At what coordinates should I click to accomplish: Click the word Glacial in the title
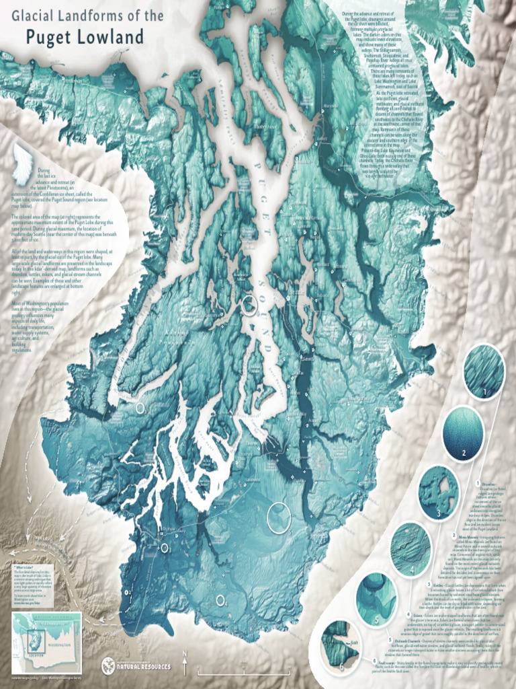pyautogui.click(x=32, y=14)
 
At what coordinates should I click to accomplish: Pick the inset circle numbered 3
pyautogui.click(x=438, y=493)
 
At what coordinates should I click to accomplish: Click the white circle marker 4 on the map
pyautogui.click(x=220, y=600)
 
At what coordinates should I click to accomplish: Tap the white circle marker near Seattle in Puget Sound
pyautogui.click(x=249, y=305)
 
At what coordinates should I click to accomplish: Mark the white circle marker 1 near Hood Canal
pyautogui.click(x=140, y=407)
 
